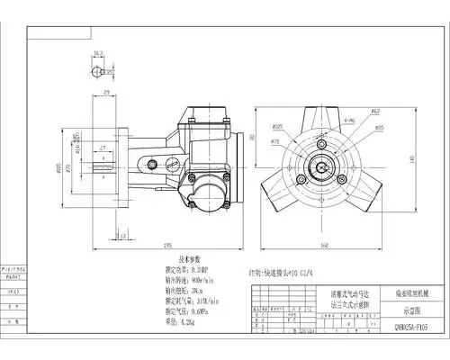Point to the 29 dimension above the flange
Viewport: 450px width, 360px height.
pyautogui.click(x=106, y=93)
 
